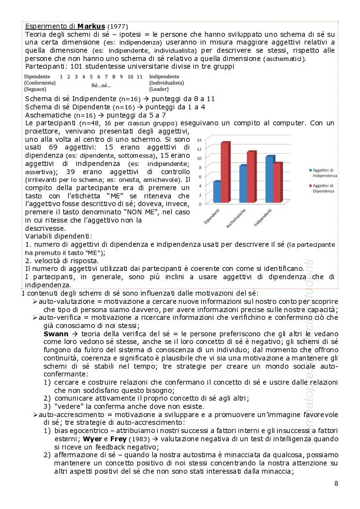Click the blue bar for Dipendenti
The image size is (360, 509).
pyautogui.click(x=217, y=192)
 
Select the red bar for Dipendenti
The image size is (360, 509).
pyautogui.click(x=225, y=172)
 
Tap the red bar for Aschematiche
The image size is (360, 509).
pyautogui.click(x=251, y=177)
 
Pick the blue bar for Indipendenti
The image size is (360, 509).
pyautogui.click(x=270, y=180)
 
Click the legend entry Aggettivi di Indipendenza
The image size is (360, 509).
pyautogui.click(x=324, y=173)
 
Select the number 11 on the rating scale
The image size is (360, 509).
pyautogui.click(x=139, y=77)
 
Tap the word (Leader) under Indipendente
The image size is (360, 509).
pyautogui.click(x=159, y=89)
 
